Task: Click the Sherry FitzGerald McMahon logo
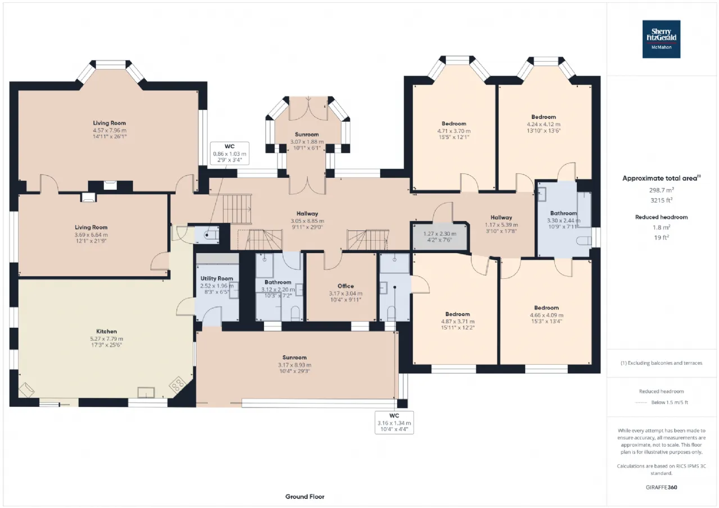pyautogui.click(x=661, y=39)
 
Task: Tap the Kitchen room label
pyautogui.click(x=107, y=331)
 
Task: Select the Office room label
pyautogui.click(x=345, y=286)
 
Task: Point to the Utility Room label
pyautogui.click(x=217, y=278)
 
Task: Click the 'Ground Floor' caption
pyautogui.click(x=304, y=496)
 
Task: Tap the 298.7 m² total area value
pyautogui.click(x=661, y=190)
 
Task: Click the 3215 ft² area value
pyautogui.click(x=661, y=200)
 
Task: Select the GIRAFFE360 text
pyautogui.click(x=661, y=487)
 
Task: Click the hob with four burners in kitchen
pyautogui.click(x=177, y=385)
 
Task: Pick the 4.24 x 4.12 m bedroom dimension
pyautogui.click(x=543, y=124)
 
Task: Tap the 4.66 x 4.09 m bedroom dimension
pyautogui.click(x=547, y=315)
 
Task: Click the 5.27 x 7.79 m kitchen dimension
pyautogui.click(x=107, y=338)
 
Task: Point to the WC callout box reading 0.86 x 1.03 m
pyautogui.click(x=230, y=153)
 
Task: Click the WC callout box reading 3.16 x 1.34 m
pyautogui.click(x=394, y=422)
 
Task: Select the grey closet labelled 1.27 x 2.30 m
pyautogui.click(x=440, y=237)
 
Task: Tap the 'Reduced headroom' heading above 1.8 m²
pyautogui.click(x=661, y=217)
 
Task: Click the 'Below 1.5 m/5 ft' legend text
pyautogui.click(x=670, y=402)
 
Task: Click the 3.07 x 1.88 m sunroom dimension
pyautogui.click(x=307, y=141)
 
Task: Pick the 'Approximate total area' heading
pyautogui.click(x=661, y=178)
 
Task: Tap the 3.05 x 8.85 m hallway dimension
pyautogui.click(x=307, y=221)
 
